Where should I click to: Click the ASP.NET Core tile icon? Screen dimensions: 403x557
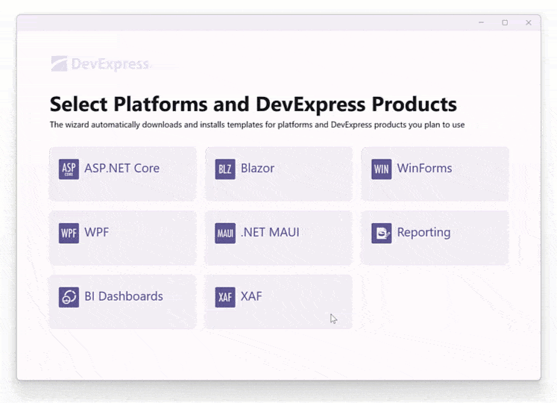tap(69, 169)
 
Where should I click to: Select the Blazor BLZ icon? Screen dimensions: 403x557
tap(225, 169)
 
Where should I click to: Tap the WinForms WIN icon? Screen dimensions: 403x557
tap(381, 169)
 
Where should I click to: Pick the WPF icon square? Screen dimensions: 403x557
tap(69, 234)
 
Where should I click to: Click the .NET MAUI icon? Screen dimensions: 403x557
tap(225, 234)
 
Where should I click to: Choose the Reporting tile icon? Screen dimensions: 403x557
tap(381, 234)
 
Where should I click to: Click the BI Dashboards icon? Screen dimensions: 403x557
tap(69, 297)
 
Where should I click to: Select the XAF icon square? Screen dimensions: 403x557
tap(225, 297)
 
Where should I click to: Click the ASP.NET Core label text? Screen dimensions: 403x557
tap(122, 169)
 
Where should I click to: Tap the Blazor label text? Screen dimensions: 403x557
tap(257, 169)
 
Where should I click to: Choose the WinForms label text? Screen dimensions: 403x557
tap(424, 169)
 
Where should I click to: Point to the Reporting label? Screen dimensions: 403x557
tap(424, 233)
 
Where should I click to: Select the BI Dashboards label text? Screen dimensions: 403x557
tap(123, 296)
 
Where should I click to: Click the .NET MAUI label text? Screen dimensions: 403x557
tap(270, 233)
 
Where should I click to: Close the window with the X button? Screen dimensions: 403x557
tap(529, 23)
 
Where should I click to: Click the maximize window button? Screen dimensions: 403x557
tap(505, 23)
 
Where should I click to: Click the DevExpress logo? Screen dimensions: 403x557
tap(100, 64)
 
